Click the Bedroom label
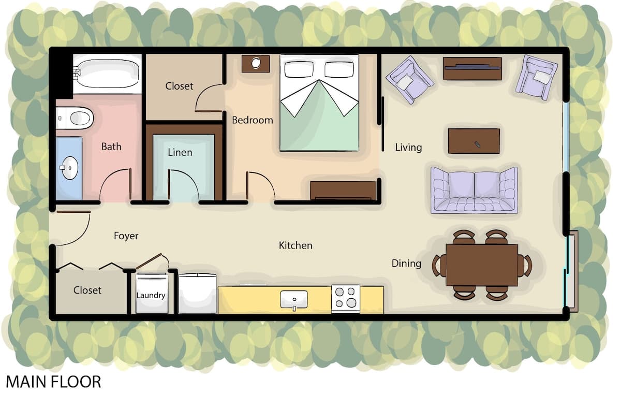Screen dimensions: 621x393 [253, 120]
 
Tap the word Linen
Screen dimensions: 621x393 [180, 152]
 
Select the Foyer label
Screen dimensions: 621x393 [126, 236]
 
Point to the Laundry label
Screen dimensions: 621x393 [151, 295]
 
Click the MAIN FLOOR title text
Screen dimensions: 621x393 [53, 382]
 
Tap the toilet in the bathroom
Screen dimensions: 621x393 [75, 119]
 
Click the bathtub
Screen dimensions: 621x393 [107, 73]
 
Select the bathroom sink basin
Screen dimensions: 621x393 [69, 168]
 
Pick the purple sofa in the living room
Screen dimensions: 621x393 [475, 190]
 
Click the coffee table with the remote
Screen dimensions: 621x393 [474, 141]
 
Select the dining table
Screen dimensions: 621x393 [482, 265]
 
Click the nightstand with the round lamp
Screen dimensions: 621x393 [256, 64]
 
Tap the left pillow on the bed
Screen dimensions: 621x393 [299, 69]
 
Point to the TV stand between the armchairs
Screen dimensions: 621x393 [472, 68]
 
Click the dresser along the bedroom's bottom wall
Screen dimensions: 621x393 [343, 191]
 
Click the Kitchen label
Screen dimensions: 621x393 [295, 246]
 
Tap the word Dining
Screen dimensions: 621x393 [406, 264]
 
